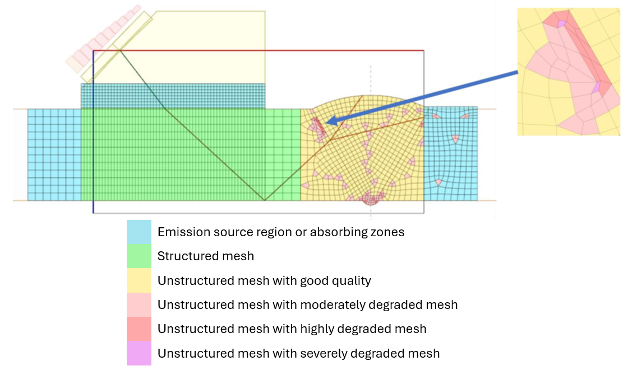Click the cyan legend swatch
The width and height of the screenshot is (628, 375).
point(138,232)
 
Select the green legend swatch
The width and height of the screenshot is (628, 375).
point(138,256)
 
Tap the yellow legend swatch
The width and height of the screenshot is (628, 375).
point(138,280)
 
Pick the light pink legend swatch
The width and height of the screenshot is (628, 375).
point(138,304)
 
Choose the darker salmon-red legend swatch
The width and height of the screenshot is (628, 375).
point(138,329)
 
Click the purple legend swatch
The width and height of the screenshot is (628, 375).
point(138,353)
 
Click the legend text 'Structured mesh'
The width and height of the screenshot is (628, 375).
point(206,256)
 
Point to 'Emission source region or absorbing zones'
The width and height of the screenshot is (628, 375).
point(281,232)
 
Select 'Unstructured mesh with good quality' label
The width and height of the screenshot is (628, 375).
point(264,280)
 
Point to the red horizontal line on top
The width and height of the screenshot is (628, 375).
point(258,51)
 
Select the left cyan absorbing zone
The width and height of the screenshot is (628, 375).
point(54,154)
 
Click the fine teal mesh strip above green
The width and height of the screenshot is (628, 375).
point(173,96)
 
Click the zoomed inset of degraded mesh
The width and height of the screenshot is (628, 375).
point(568,72)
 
